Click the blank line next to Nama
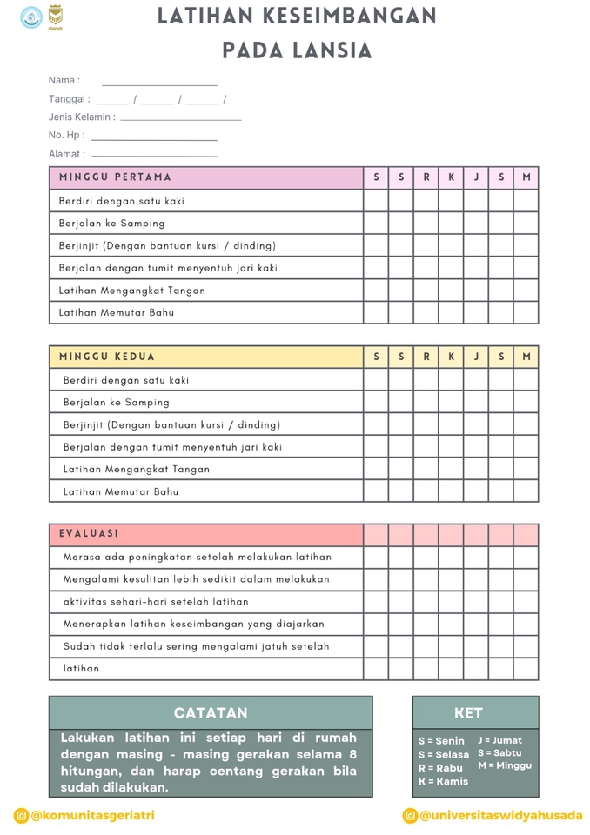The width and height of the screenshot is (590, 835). pyautogui.click(x=159, y=83)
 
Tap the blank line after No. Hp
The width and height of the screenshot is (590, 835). pyautogui.click(x=154, y=138)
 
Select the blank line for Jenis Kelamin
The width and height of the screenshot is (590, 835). pyautogui.click(x=181, y=118)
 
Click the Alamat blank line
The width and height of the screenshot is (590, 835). pyautogui.click(x=154, y=157)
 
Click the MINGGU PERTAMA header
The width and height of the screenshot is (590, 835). pyautogui.click(x=116, y=177)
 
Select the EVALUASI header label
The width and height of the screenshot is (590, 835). pyautogui.click(x=89, y=534)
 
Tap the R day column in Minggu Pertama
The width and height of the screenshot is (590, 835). pyautogui.click(x=426, y=177)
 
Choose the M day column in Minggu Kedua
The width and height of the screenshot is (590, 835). pyautogui.click(x=526, y=357)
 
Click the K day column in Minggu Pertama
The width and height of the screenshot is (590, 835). pyautogui.click(x=451, y=177)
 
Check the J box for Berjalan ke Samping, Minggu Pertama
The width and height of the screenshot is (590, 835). pyautogui.click(x=476, y=224)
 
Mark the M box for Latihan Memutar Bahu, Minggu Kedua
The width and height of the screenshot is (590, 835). pyautogui.click(x=526, y=491)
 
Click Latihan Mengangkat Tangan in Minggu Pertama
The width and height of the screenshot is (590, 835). pyautogui.click(x=132, y=291)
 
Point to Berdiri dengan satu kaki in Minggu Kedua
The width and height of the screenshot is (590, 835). pyautogui.click(x=126, y=380)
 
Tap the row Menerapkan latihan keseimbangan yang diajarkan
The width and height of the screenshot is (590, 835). pyautogui.click(x=194, y=624)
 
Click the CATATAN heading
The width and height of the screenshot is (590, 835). pyautogui.click(x=211, y=712)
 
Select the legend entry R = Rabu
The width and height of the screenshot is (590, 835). pyautogui.click(x=441, y=768)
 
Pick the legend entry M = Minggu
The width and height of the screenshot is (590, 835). pyautogui.click(x=505, y=765)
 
